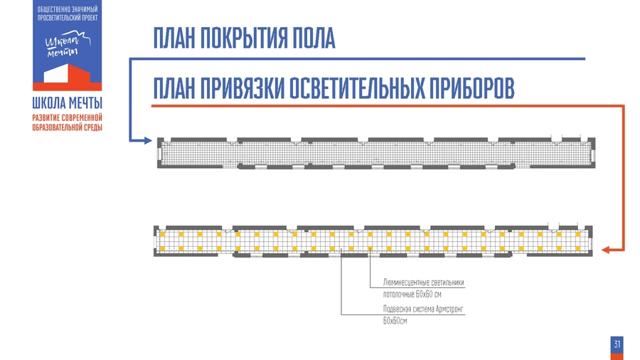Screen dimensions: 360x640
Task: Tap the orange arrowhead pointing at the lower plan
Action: (x=606, y=250)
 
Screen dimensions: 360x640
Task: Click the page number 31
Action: (x=617, y=344)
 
